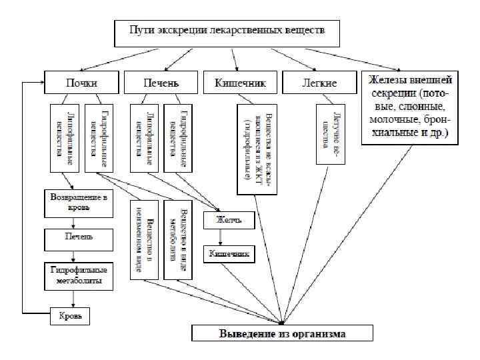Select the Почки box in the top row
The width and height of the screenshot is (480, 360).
click(x=81, y=83)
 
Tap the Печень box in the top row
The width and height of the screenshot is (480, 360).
click(x=160, y=83)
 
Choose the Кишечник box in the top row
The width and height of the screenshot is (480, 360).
click(x=240, y=83)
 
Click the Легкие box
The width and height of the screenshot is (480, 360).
click(x=319, y=83)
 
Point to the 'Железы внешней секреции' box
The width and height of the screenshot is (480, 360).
click(x=410, y=107)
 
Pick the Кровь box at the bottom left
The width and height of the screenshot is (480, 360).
click(x=70, y=317)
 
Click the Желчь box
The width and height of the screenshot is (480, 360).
click(x=225, y=220)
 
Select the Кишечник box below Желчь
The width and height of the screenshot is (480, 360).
click(x=229, y=254)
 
